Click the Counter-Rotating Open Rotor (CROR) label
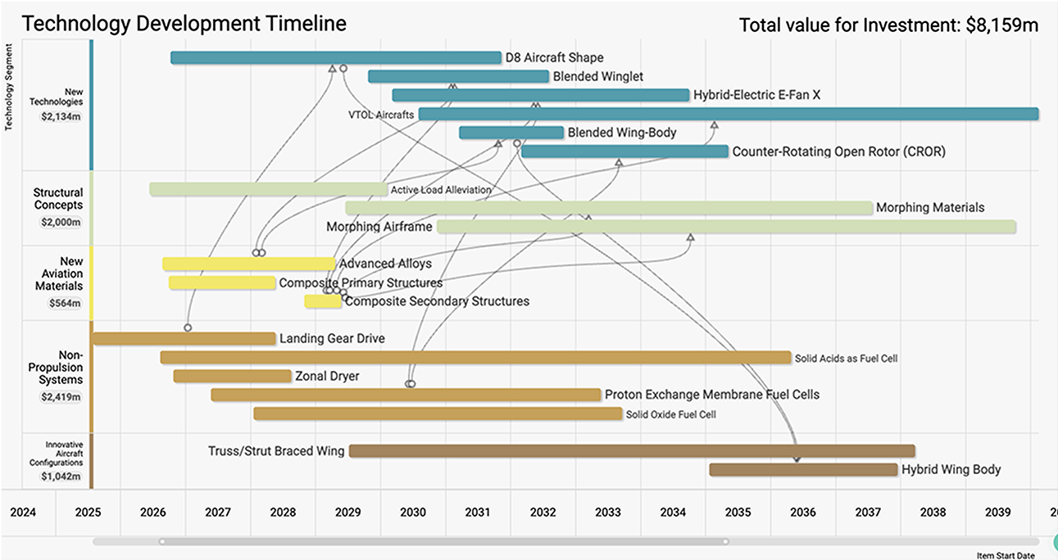[x=838, y=151]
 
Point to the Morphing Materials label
[x=930, y=207]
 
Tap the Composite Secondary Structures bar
[x=323, y=301]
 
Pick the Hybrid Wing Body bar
[x=803, y=469]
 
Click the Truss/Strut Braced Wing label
[x=276, y=450]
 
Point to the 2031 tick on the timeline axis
[x=478, y=513]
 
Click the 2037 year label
[x=868, y=513]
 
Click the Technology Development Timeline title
[x=184, y=24]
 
